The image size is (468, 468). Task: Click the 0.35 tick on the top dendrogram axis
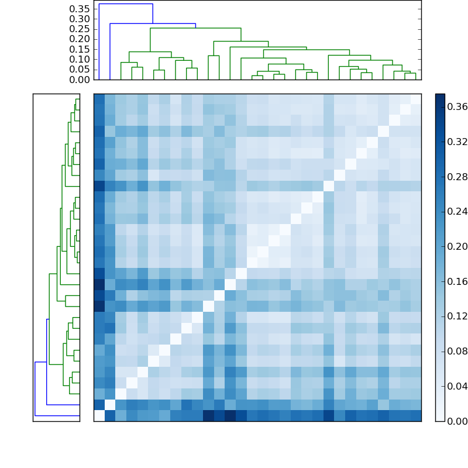80,9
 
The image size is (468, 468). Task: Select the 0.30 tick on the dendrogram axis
80,19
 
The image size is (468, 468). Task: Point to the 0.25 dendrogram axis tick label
80,29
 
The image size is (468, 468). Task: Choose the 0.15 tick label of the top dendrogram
80,49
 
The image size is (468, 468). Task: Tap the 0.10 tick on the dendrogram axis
80,60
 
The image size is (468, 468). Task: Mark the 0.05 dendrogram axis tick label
80,70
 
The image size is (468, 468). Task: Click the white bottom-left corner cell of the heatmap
99,415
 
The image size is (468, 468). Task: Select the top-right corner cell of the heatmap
415,99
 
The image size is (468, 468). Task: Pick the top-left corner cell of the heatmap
99,99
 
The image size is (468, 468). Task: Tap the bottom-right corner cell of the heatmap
415,415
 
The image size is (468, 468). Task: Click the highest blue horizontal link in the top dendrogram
126,4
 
